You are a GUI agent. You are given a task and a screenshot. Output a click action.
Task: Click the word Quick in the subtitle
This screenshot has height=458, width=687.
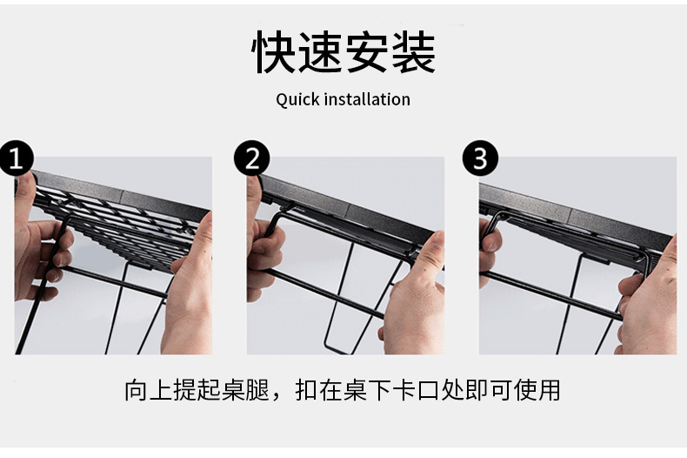pos(297,99)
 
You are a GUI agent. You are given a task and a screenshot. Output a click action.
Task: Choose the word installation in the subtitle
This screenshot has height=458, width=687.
pos(367,99)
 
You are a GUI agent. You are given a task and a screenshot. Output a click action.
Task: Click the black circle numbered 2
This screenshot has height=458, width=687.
pos(251,159)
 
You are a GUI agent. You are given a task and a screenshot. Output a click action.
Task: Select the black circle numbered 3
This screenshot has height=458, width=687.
pos(480,159)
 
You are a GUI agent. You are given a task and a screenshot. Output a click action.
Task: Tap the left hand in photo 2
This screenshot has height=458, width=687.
pos(263,244)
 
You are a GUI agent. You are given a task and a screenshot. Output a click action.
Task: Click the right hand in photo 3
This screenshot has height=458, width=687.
pos(648,305)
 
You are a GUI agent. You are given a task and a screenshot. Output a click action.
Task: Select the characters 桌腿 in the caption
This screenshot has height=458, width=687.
pos(239,389)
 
